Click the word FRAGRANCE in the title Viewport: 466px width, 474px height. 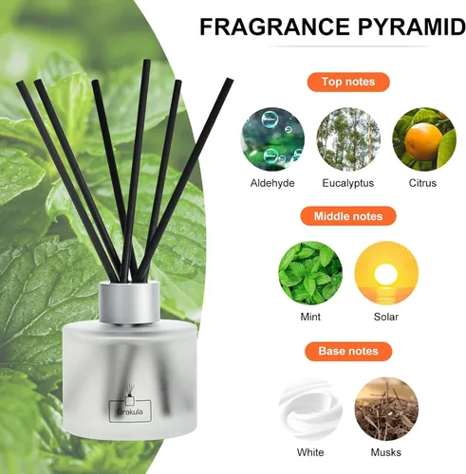coord(274,27)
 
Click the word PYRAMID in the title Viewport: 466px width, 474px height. coord(412,27)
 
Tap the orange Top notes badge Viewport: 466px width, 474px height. coord(348,82)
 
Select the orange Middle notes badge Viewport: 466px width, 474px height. coord(348,216)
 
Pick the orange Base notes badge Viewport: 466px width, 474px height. coord(348,351)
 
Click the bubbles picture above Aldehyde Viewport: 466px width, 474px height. coord(272,139)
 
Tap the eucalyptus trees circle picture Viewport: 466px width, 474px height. coord(348,139)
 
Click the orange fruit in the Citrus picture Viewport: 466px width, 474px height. coord(423,141)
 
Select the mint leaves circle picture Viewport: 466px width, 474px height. coord(310,273)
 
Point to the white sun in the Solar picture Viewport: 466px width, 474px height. coord(385,274)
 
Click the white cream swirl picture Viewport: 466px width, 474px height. coord(310,409)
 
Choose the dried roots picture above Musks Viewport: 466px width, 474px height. coord(386,409)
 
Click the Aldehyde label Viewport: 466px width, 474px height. coord(272,183)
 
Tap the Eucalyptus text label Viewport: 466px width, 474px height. coord(348,183)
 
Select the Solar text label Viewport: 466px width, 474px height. coord(386,317)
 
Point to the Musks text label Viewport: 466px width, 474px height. coord(386,452)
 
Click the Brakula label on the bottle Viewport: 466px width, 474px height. coord(130,411)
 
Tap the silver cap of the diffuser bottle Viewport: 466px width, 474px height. coord(129,302)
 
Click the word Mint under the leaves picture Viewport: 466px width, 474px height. coord(310,317)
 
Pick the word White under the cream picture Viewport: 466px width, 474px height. coord(310,452)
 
